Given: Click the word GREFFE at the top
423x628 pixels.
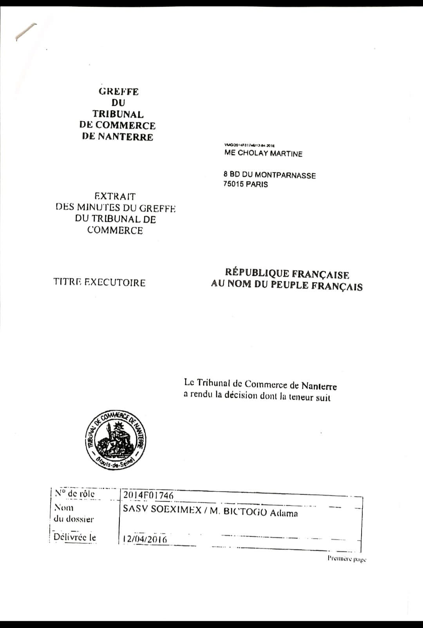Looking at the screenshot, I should [x=119, y=92].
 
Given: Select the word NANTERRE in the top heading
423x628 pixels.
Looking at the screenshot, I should [x=125, y=137].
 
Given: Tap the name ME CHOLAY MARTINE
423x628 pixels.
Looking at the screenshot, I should [x=263, y=153].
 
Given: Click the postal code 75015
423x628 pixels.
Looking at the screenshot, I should [x=233, y=184].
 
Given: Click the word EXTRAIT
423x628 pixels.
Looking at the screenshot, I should [x=115, y=196].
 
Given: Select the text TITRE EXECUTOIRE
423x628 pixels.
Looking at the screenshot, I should [x=99, y=283].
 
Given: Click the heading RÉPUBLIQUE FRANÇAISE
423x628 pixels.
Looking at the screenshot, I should [x=287, y=274].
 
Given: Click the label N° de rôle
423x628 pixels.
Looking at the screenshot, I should [x=75, y=494].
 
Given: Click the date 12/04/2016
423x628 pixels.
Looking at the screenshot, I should [x=145, y=539].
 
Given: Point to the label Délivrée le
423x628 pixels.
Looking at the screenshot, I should [x=75, y=537].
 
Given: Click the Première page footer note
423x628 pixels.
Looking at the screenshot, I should [x=347, y=559].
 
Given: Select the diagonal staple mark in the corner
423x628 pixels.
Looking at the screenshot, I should [x=26, y=32].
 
